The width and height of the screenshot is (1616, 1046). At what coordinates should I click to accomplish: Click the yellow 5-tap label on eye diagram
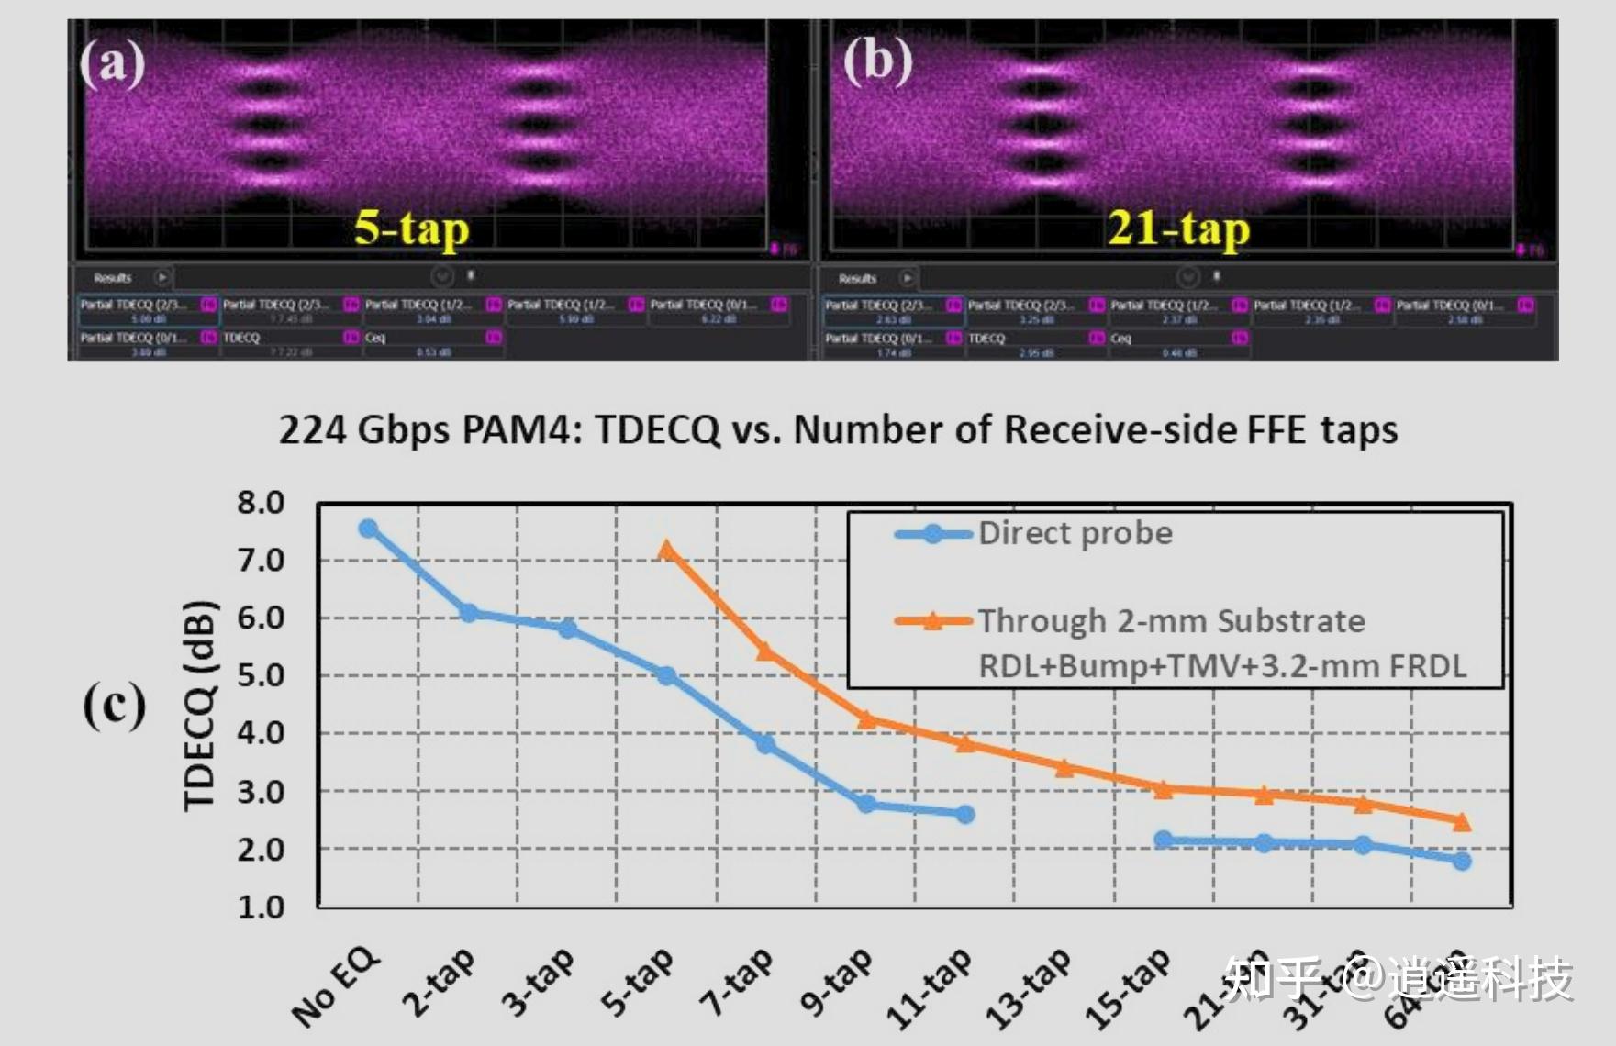point(411,228)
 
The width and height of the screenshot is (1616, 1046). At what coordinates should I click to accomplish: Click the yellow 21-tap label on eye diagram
point(1178,228)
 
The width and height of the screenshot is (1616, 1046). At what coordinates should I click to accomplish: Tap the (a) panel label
point(112,62)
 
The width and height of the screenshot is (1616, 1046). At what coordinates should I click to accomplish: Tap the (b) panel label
point(877,61)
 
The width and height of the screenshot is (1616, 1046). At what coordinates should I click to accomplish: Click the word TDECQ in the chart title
point(657,429)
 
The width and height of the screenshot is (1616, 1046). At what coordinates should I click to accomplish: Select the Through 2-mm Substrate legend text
point(1171,621)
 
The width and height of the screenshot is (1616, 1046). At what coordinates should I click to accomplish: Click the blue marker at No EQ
point(368,529)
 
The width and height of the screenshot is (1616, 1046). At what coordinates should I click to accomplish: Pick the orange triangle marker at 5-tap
point(667,551)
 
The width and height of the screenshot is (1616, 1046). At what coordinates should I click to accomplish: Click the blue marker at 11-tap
point(964,814)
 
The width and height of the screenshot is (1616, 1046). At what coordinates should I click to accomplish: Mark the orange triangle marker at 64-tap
point(1462,821)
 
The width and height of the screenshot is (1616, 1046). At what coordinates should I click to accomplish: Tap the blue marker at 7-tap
point(765,743)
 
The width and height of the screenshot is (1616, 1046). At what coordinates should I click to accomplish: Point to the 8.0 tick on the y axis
point(261,503)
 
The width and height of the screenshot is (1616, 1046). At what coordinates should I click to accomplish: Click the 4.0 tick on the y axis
point(261,733)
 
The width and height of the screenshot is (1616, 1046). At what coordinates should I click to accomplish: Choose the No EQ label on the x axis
point(336,985)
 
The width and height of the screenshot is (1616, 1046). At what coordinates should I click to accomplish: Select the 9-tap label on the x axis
point(835,982)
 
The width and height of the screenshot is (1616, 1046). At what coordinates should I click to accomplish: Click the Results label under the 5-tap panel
point(113,277)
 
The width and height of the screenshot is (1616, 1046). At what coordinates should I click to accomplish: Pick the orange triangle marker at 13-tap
point(1064,768)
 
